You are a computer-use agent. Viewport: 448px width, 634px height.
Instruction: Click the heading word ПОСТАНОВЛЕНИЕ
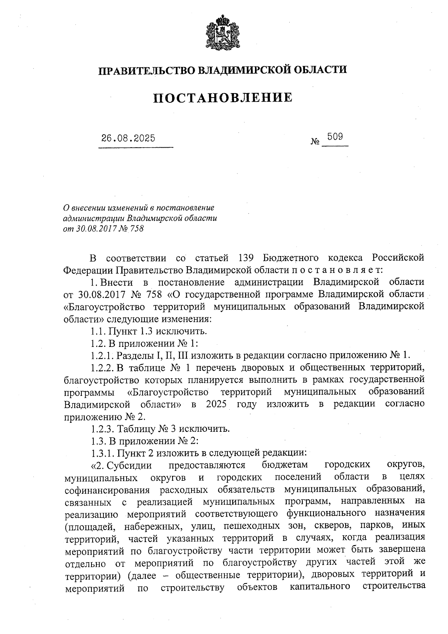point(223,98)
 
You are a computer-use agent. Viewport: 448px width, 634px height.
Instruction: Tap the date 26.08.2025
point(128,138)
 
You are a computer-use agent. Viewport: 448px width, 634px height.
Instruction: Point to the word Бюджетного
point(291,258)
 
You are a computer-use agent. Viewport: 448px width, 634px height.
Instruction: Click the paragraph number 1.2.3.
point(103,428)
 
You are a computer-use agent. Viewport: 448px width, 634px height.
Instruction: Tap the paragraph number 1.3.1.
point(103,453)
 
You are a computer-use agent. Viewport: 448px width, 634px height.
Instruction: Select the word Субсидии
point(129,465)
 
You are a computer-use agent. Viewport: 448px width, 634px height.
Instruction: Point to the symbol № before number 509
point(315,142)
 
